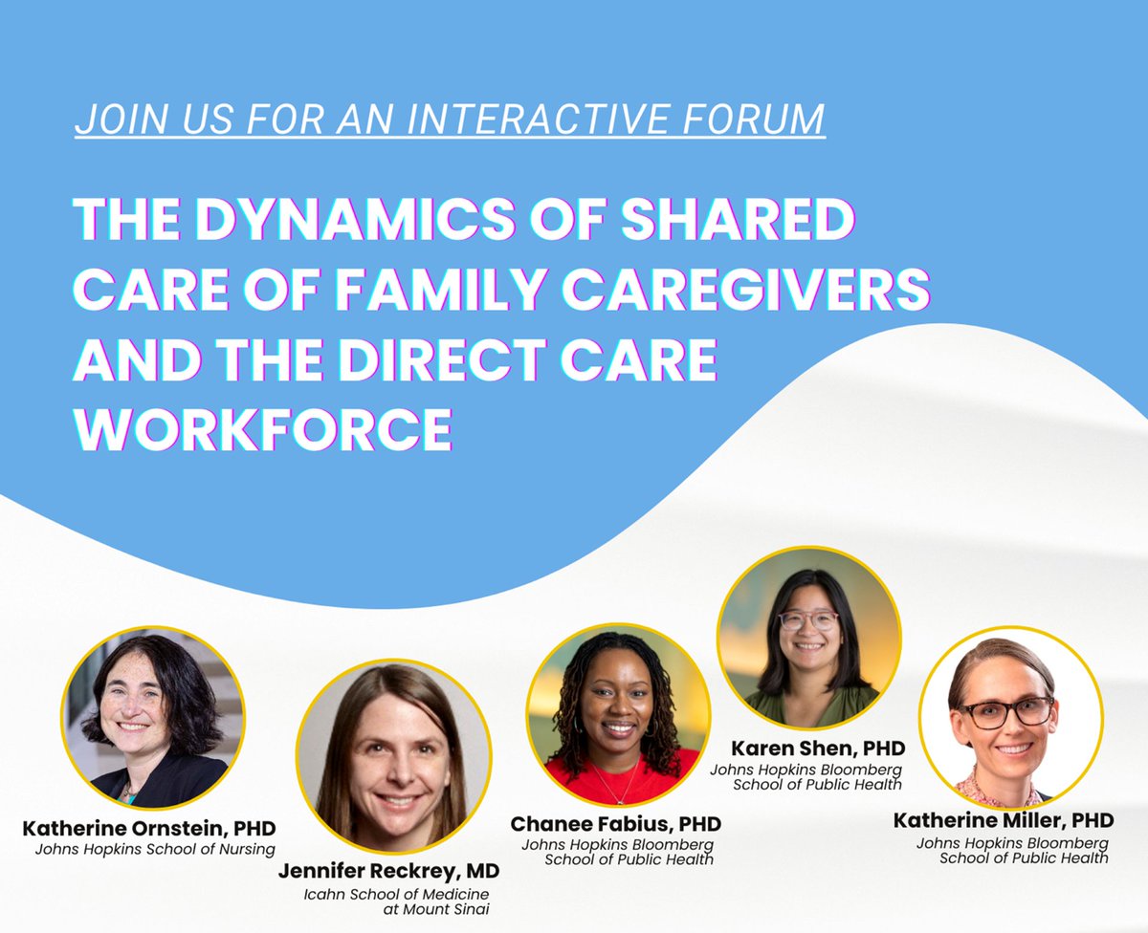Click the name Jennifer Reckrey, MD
[388, 872]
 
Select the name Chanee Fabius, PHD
[615, 824]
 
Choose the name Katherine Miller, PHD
[1004, 820]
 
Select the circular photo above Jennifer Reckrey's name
[393, 754]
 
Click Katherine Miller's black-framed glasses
[1005, 710]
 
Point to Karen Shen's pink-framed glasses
[808, 619]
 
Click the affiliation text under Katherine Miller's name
[1012, 851]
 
